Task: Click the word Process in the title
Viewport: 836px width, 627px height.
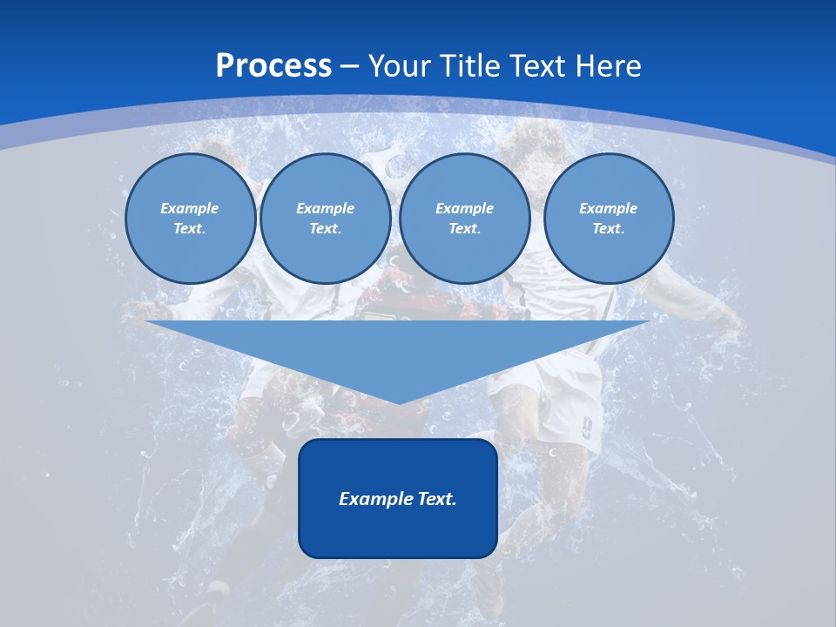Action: click(x=273, y=66)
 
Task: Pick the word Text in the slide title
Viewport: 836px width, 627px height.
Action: click(x=539, y=66)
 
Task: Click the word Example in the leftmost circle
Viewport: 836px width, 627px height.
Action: click(x=190, y=208)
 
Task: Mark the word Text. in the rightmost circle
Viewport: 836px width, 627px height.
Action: click(x=608, y=228)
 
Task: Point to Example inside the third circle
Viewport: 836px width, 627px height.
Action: click(x=464, y=208)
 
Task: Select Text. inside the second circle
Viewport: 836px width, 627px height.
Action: click(x=325, y=228)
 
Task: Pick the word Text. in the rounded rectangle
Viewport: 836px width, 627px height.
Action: click(x=436, y=499)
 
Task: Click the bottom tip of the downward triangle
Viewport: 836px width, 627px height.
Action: click(x=399, y=402)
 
